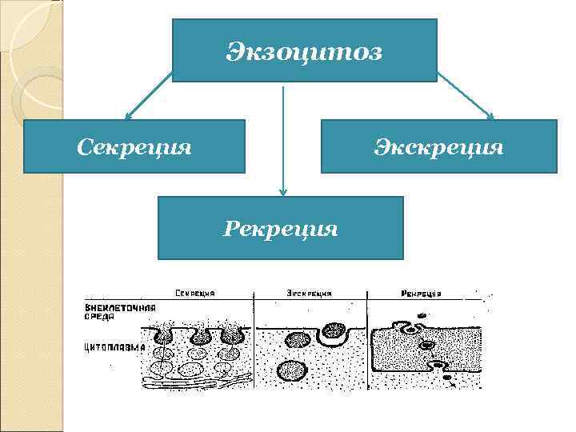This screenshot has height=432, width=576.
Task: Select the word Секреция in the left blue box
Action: pyautogui.click(x=134, y=147)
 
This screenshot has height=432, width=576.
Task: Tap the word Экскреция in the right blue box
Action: pyautogui.click(x=439, y=147)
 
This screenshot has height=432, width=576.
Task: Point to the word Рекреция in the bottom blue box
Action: pyautogui.click(x=281, y=230)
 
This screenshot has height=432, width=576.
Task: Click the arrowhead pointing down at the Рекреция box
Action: pyautogui.click(x=282, y=191)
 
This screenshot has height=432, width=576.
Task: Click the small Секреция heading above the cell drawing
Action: pyautogui.click(x=199, y=294)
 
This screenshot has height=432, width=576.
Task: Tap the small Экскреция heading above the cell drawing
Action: pyautogui.click(x=309, y=294)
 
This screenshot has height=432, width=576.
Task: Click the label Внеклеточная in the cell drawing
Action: pyautogui.click(x=120, y=308)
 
